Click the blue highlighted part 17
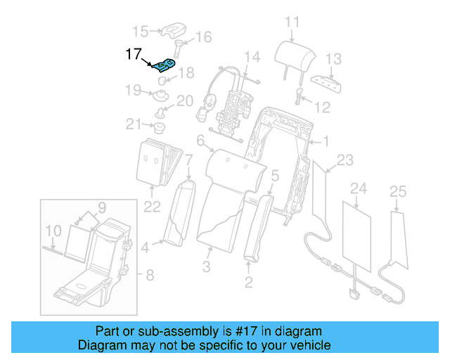click(x=164, y=66)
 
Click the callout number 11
click(x=292, y=22)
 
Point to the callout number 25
click(x=398, y=191)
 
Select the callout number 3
click(x=207, y=266)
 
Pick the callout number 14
click(x=252, y=56)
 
